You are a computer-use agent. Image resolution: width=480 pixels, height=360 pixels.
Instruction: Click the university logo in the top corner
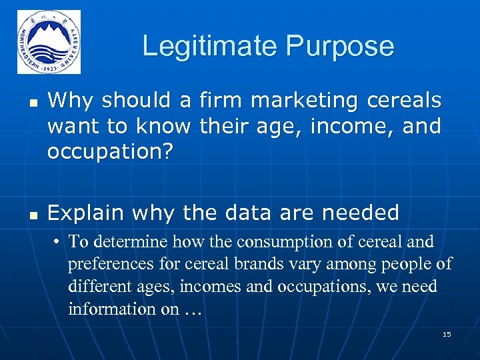(49, 42)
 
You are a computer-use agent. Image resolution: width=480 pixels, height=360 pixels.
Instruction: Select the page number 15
(447, 334)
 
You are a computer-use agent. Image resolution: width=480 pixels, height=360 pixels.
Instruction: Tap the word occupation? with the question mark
(110, 151)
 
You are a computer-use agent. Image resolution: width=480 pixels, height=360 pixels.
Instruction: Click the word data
(275, 213)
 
